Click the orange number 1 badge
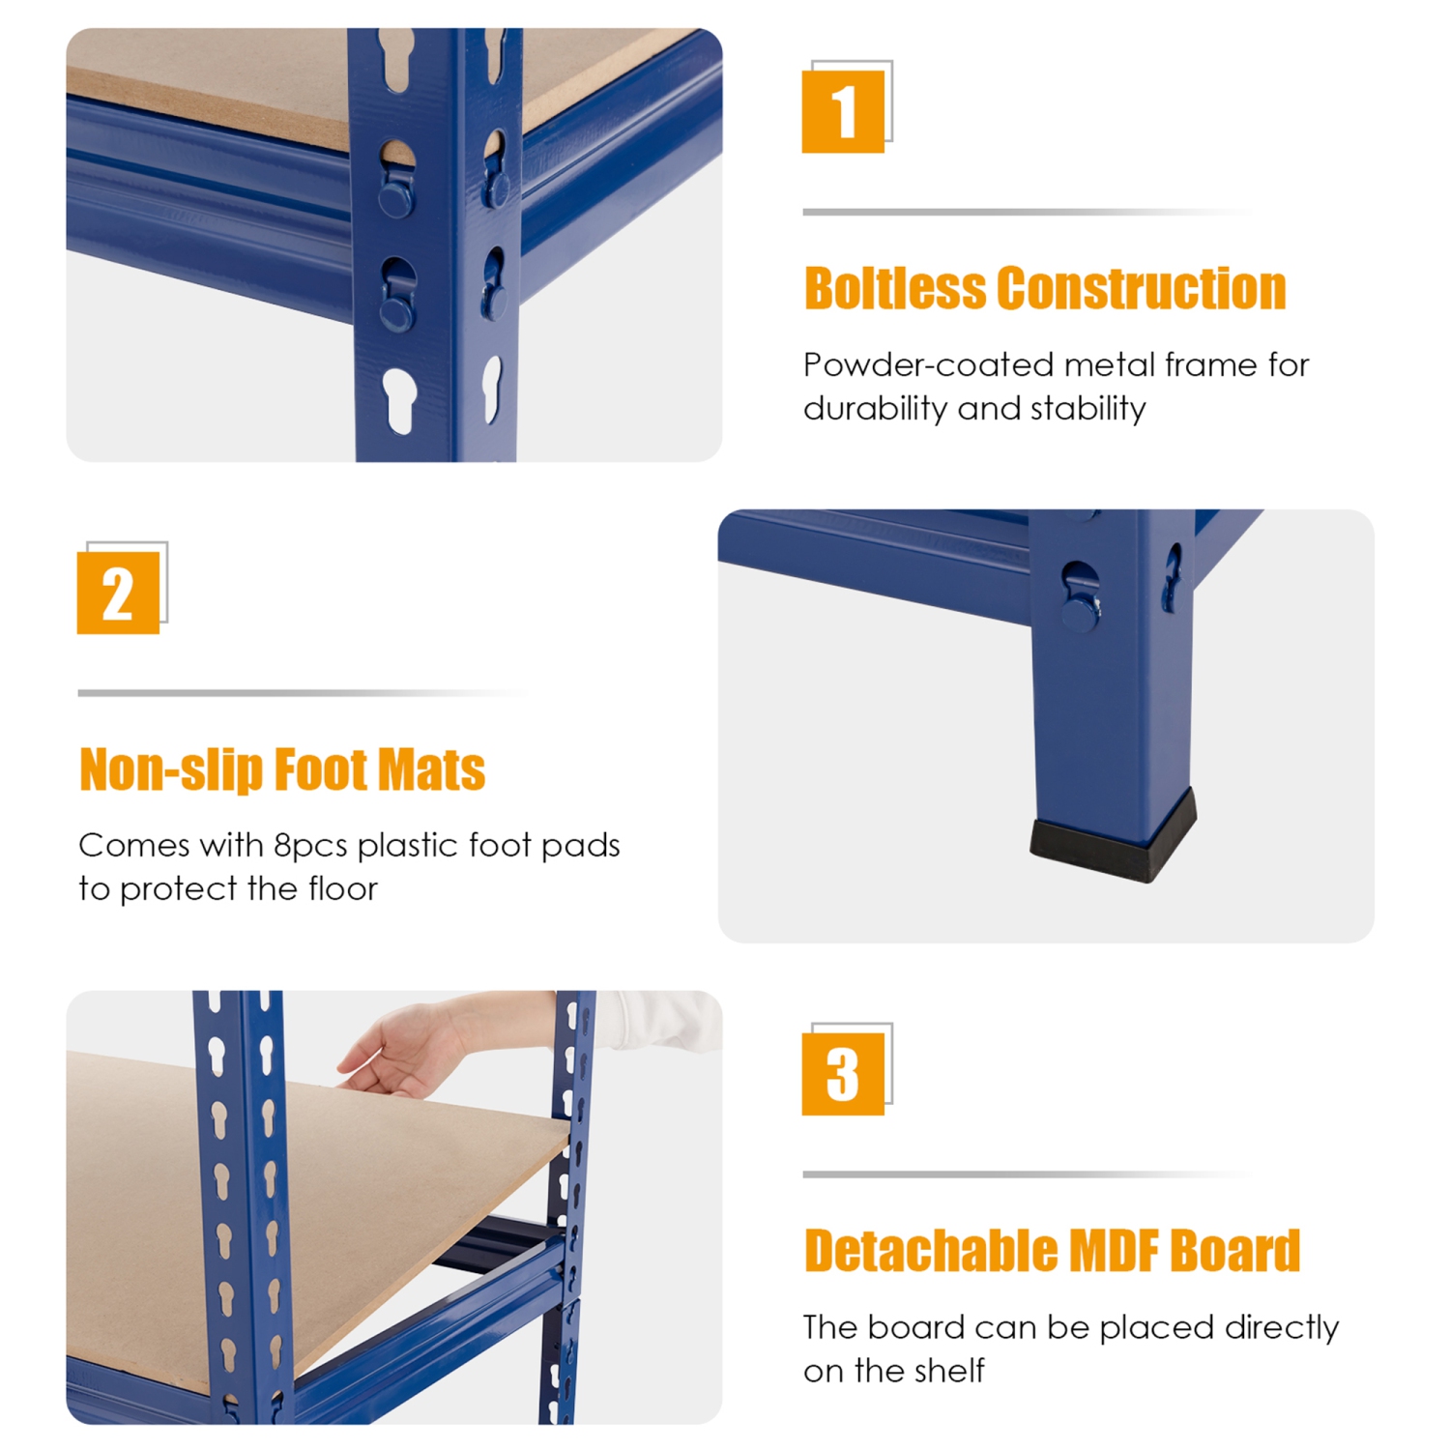[843, 111]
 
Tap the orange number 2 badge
[118, 593]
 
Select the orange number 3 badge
[843, 1074]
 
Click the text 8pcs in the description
[310, 846]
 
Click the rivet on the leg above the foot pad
[1080, 611]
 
